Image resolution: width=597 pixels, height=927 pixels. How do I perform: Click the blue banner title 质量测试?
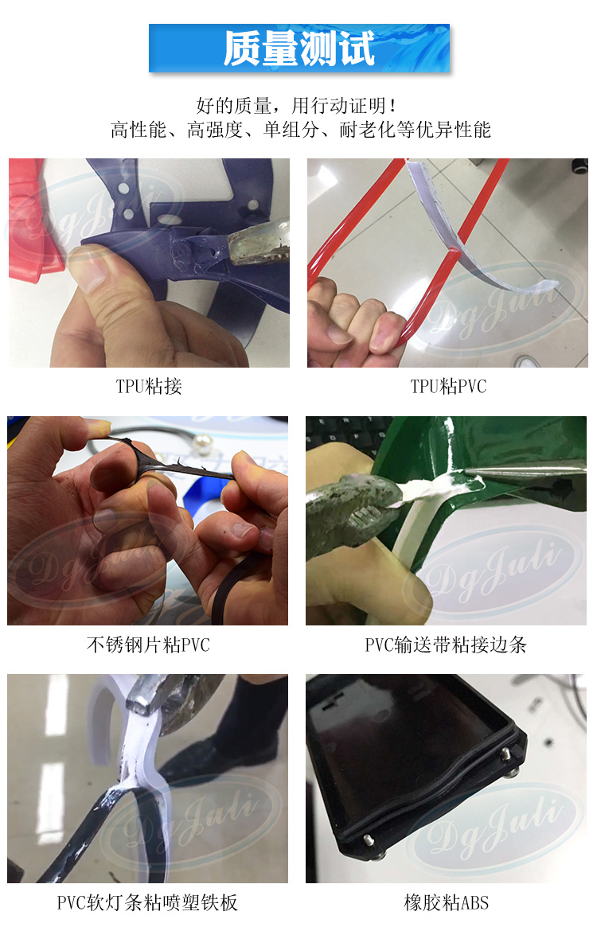(x=298, y=49)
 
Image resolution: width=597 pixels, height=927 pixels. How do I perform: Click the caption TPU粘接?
(x=149, y=387)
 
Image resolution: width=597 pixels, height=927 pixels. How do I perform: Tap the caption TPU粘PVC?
(x=448, y=387)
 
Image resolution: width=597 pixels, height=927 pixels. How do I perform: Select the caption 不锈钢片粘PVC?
(x=148, y=645)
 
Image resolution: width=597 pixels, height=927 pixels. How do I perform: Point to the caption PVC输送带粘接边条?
(x=446, y=645)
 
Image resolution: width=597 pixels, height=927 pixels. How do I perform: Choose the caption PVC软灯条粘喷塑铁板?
(x=147, y=903)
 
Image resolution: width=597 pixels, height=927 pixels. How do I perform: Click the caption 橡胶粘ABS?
(x=446, y=903)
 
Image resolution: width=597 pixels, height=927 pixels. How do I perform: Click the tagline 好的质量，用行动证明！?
(x=296, y=106)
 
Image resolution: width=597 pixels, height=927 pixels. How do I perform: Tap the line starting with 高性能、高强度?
(x=301, y=130)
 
